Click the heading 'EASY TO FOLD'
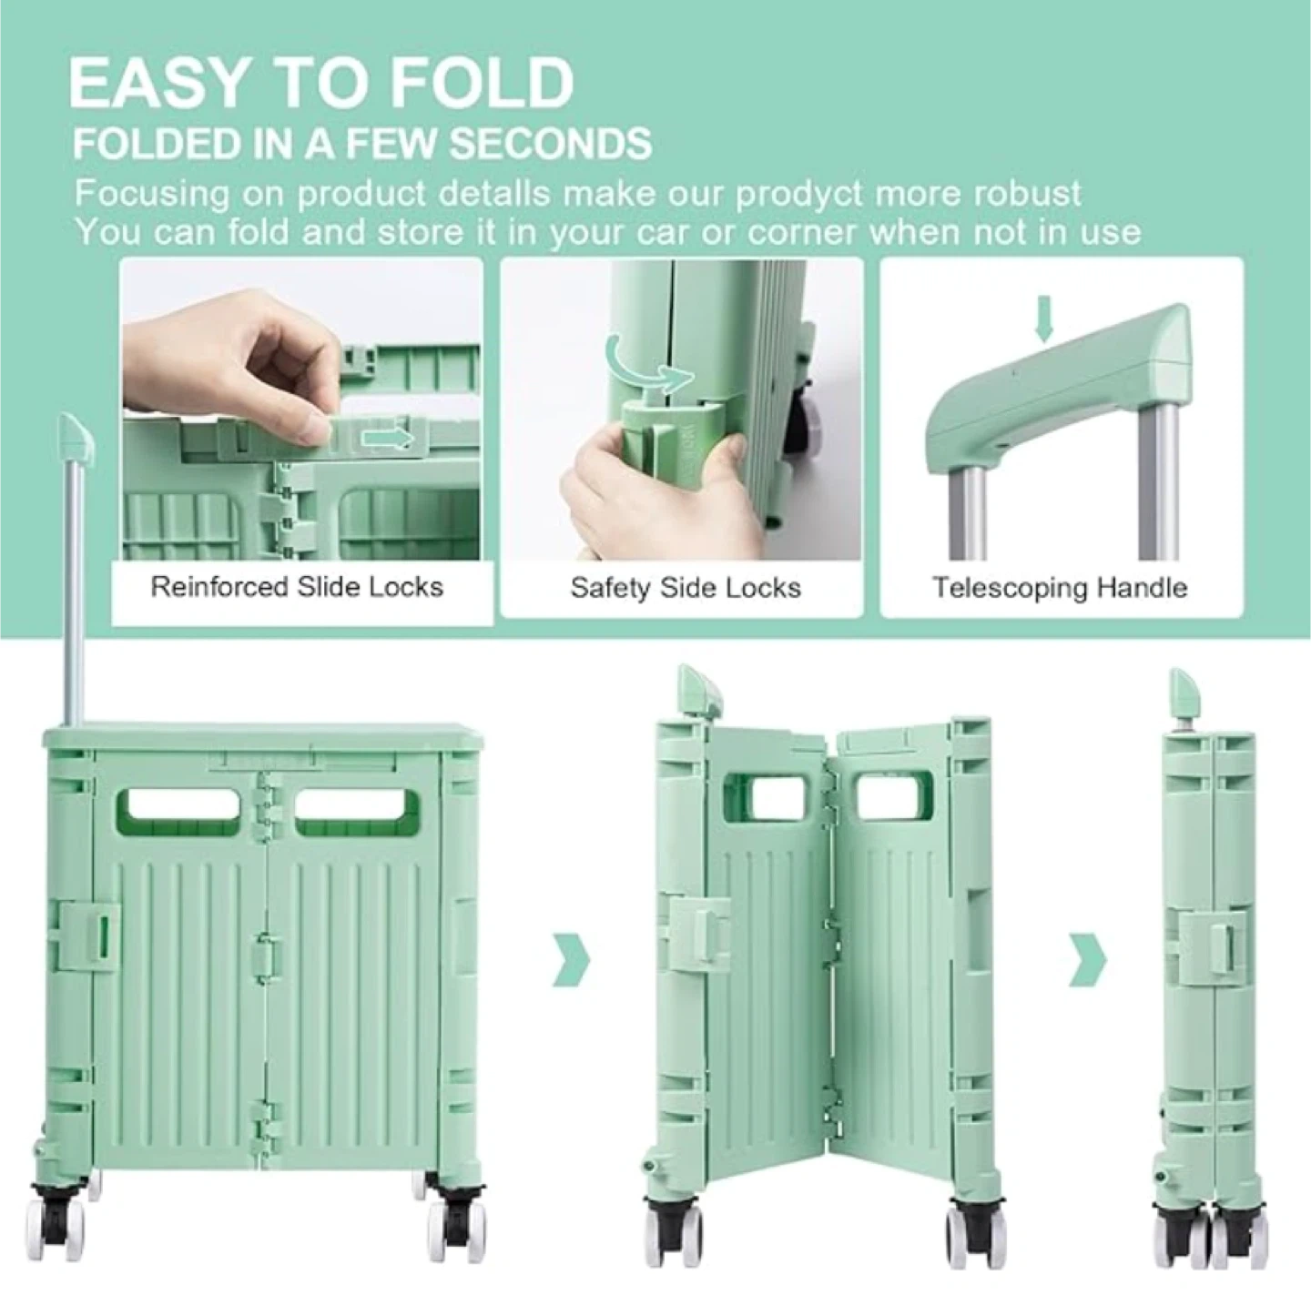320,84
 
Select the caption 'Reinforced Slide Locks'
297,586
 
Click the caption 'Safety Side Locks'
686,588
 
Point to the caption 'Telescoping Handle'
1060,587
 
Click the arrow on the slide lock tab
387,439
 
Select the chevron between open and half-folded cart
572,960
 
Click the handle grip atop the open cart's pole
76,439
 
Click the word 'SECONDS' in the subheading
551,144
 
